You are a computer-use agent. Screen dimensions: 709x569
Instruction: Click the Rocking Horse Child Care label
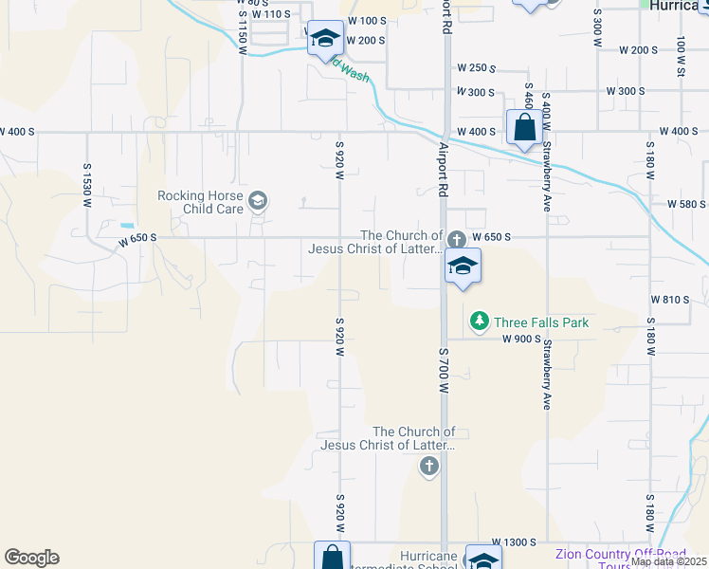click(x=200, y=202)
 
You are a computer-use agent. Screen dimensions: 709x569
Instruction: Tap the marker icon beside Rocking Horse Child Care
click(x=257, y=200)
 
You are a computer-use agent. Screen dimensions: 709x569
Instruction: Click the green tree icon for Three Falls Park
click(x=480, y=322)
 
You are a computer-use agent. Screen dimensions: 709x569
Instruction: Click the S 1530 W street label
click(x=86, y=180)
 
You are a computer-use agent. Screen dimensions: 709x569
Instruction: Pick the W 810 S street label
click(x=669, y=300)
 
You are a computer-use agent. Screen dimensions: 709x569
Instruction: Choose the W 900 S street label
click(x=520, y=339)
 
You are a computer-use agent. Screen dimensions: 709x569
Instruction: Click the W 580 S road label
click(x=686, y=204)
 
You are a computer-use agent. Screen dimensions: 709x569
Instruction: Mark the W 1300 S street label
click(x=500, y=541)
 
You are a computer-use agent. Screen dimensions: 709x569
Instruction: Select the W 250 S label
click(x=477, y=68)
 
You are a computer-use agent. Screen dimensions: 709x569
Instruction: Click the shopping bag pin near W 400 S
click(x=524, y=125)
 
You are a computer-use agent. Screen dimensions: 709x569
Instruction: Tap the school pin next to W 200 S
click(x=324, y=39)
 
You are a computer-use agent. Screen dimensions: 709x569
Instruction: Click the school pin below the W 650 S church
click(x=463, y=266)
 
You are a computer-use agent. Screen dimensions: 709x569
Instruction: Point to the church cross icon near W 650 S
click(x=456, y=238)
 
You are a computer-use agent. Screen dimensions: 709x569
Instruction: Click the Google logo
click(x=31, y=558)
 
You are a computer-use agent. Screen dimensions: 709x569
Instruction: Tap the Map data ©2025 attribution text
click(x=669, y=561)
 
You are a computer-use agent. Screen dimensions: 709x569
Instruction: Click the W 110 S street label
click(x=272, y=14)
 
